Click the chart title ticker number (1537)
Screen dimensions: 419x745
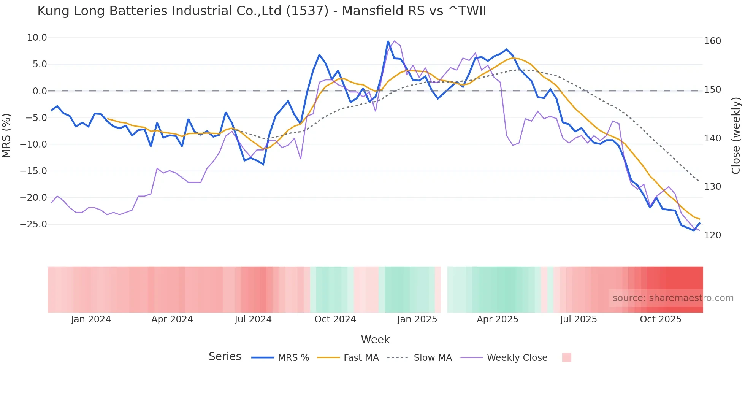tap(307, 11)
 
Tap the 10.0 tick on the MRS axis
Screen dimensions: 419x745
tap(37, 38)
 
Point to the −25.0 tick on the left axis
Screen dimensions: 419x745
tap(34, 224)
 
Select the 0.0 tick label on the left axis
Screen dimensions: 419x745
tap(40, 91)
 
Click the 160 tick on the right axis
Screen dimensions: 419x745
tap(712, 41)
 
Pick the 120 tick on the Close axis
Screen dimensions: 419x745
tap(712, 235)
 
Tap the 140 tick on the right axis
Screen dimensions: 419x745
tap(712, 138)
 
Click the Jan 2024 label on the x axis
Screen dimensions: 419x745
tap(91, 319)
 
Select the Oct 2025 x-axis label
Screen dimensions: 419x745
tap(660, 319)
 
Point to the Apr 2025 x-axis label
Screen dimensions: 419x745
tap(497, 319)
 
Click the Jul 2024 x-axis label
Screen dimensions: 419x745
tap(253, 319)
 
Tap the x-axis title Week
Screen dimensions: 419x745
tap(375, 340)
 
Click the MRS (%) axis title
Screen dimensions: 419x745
tap(6, 135)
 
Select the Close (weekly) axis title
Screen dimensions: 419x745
tap(736, 135)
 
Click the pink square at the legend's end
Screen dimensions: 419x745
tap(566, 357)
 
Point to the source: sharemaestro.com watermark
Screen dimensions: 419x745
tap(673, 298)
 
